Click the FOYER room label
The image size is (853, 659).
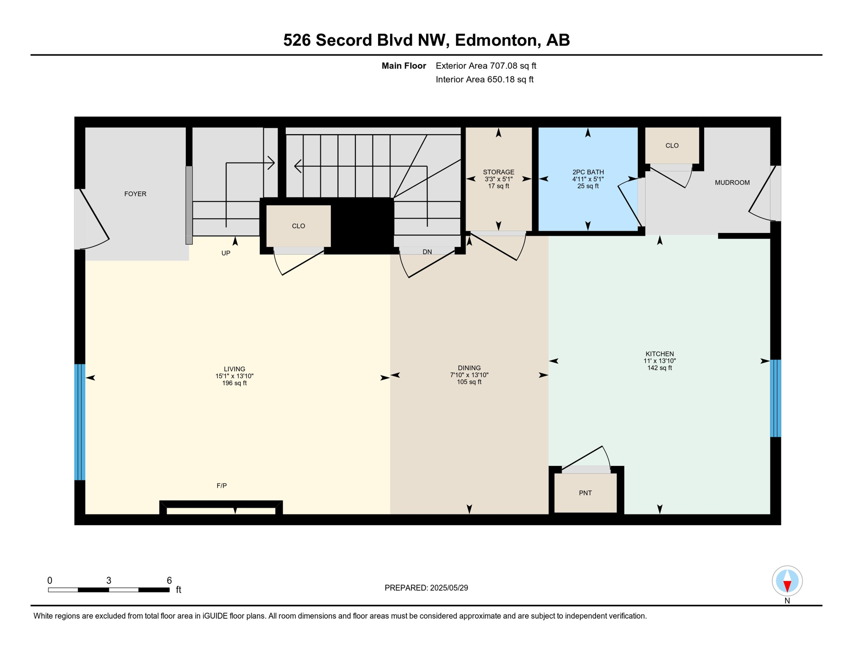pos(135,194)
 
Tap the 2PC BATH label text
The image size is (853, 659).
pos(588,172)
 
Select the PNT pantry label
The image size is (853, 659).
pos(585,493)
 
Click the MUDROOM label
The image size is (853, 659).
pos(732,183)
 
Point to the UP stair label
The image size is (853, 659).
pos(226,253)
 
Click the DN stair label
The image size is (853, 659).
pos(427,252)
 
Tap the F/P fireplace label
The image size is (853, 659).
pos(221,486)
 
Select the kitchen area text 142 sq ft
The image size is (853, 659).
pos(659,368)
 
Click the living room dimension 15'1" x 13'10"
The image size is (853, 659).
pos(234,376)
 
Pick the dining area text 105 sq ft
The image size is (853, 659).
pos(469,382)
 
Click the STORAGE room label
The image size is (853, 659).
pos(498,172)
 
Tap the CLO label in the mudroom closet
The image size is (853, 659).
pos(672,146)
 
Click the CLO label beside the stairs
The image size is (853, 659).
pos(298,226)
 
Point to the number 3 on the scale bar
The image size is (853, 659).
pos(109,580)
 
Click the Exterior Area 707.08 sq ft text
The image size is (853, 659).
pos(486,66)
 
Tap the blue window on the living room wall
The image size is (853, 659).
pos(80,422)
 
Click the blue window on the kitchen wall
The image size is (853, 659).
pos(775,398)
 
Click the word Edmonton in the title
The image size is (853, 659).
pos(496,40)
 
